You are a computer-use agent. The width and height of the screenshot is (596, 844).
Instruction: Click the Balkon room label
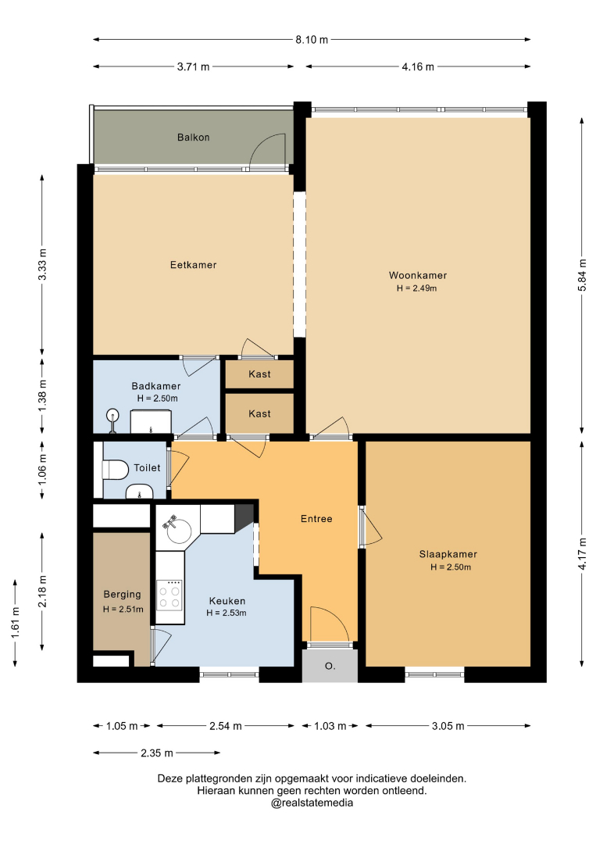193,138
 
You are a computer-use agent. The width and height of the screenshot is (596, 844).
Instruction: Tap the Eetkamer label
193,265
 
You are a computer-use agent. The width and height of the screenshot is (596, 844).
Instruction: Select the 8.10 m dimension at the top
312,40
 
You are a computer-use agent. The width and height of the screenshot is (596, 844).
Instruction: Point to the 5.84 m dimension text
582,275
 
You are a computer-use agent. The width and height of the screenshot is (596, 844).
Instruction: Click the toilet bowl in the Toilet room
115,470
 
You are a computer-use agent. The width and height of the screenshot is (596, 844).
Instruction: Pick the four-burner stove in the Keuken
170,595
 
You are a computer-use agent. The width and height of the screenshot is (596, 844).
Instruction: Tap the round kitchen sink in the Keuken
179,530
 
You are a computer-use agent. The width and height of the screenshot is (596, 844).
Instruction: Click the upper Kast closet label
259,374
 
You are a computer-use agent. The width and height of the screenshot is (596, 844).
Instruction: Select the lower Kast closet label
259,413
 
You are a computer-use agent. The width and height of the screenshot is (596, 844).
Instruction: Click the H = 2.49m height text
417,288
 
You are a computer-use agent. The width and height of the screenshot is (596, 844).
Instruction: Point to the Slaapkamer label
448,554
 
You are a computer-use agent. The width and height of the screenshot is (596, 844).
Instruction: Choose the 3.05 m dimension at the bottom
448,726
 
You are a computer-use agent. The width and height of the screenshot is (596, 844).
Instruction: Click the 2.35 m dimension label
157,753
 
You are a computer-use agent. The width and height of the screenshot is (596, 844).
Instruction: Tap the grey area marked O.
330,666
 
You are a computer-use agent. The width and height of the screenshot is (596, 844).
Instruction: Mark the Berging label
122,594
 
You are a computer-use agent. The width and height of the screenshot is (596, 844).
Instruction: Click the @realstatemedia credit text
312,803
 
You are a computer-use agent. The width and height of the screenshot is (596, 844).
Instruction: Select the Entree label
316,519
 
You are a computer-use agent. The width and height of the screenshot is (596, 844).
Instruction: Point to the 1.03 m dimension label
330,726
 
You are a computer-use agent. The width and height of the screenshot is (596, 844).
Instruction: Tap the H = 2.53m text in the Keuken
227,613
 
